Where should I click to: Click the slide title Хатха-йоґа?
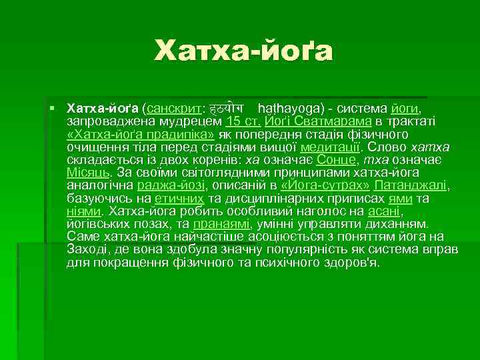(243, 51)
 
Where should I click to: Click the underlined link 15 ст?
(243, 121)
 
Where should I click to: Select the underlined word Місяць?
(84, 173)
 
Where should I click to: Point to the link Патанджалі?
(411, 186)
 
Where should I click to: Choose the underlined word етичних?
(179, 199)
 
